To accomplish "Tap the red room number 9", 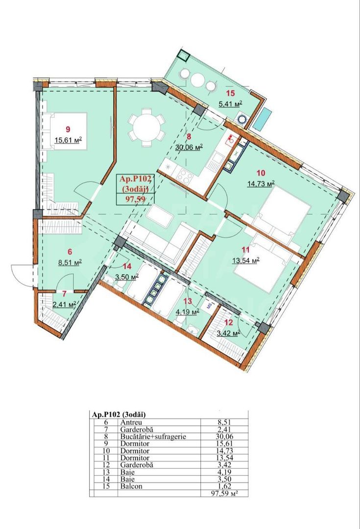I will (x=68, y=129).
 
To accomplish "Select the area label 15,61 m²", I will (x=68, y=139).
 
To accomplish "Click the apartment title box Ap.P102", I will (x=135, y=189).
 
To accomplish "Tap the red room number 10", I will (x=260, y=172).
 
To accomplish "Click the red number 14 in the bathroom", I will (x=127, y=267).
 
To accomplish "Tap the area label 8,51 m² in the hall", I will (x=69, y=262).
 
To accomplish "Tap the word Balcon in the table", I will (x=130, y=487).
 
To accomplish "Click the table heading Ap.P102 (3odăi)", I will (x=119, y=414).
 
